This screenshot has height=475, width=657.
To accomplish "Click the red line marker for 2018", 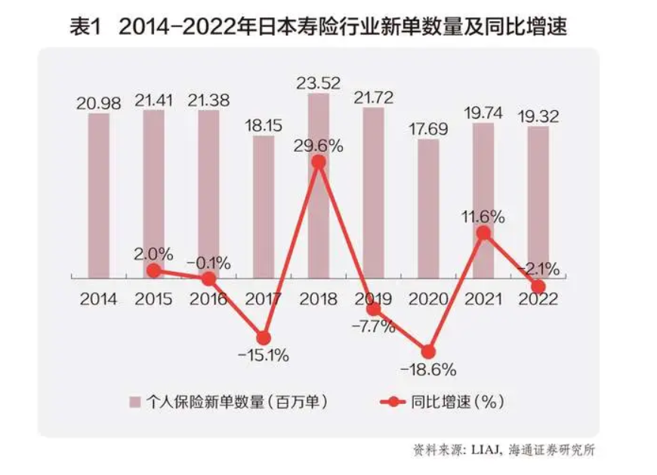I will [319, 162].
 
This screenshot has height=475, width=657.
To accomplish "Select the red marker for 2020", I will [428, 352].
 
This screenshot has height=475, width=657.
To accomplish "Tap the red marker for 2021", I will [483, 233].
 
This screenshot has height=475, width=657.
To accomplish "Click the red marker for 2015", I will [153, 270].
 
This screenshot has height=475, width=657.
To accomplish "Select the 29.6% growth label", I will [319, 145].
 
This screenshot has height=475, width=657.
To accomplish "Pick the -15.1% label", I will [264, 356].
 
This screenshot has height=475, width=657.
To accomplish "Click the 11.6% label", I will [484, 217].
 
